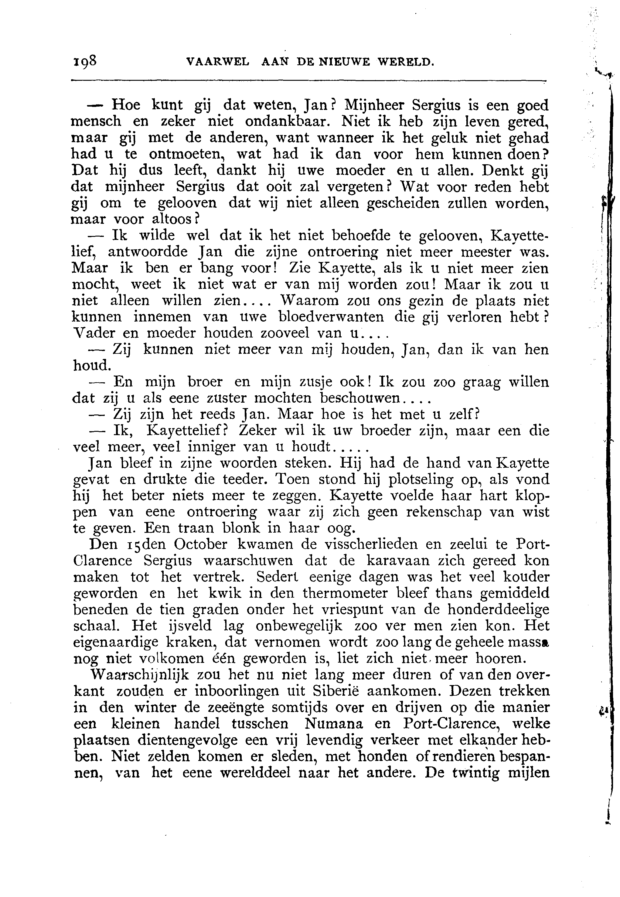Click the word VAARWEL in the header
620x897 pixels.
pos(217,62)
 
